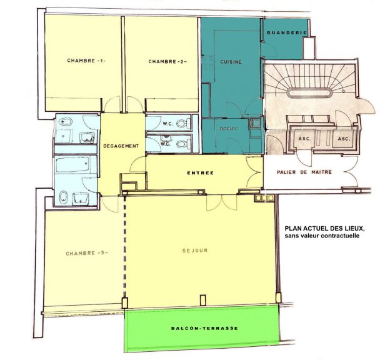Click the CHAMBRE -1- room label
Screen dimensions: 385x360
click(86, 61)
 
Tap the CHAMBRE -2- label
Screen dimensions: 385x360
click(167, 61)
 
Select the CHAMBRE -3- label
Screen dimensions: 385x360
click(87, 253)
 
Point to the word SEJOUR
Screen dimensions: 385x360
click(195, 251)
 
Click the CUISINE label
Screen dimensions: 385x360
click(231, 62)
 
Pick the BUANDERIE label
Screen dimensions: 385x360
click(287, 32)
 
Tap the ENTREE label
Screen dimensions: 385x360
click(201, 173)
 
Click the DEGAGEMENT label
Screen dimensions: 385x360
click(121, 146)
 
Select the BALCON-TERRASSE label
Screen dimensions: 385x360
click(204, 328)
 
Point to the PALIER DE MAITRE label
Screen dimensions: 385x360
click(304, 172)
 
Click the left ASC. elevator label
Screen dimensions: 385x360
click(304, 139)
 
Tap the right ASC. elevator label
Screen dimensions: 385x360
click(344, 139)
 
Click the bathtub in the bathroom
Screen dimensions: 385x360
click(72, 164)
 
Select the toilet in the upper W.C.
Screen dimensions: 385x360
click(184, 123)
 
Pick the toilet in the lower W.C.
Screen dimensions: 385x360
click(184, 144)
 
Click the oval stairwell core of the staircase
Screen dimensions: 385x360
click(309, 93)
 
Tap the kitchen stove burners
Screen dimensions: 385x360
click(207, 62)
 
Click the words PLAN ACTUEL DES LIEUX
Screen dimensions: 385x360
click(324, 228)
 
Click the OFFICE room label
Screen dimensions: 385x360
click(229, 129)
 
